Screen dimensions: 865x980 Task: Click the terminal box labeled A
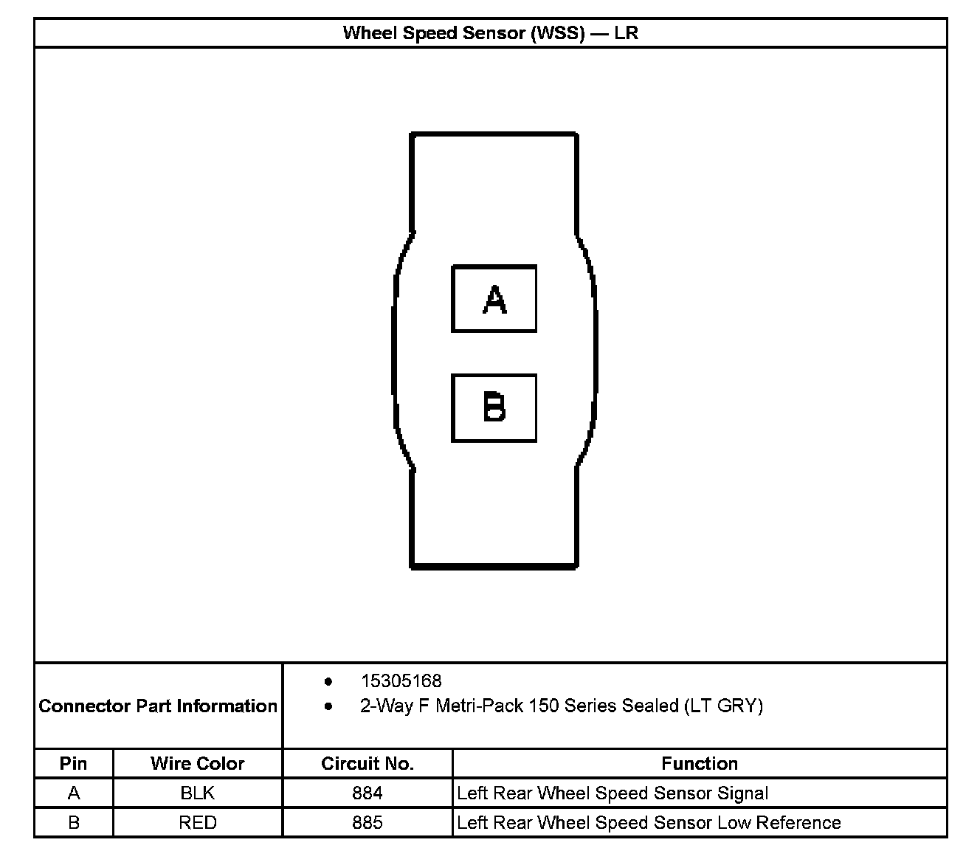(x=494, y=299)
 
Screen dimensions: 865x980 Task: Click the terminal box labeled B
(x=494, y=408)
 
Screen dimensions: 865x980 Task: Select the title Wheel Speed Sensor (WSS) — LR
(x=490, y=33)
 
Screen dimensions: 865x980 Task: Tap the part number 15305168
(x=401, y=680)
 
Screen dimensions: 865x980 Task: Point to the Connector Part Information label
(x=158, y=706)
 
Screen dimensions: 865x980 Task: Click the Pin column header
(x=73, y=763)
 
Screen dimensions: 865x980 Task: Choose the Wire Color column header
(x=197, y=763)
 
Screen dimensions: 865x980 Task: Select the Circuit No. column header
(x=367, y=763)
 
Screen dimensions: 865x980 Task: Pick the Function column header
(x=699, y=763)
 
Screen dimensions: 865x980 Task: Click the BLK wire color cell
(x=197, y=793)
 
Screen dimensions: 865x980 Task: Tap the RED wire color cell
(x=197, y=822)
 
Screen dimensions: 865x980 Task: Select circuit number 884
(x=367, y=793)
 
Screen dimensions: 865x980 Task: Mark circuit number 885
(x=367, y=822)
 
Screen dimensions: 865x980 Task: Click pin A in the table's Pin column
(x=73, y=793)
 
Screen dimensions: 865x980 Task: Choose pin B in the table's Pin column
(x=73, y=822)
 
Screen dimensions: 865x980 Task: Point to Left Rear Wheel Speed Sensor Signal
(x=612, y=793)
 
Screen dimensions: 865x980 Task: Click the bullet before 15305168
(x=328, y=680)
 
